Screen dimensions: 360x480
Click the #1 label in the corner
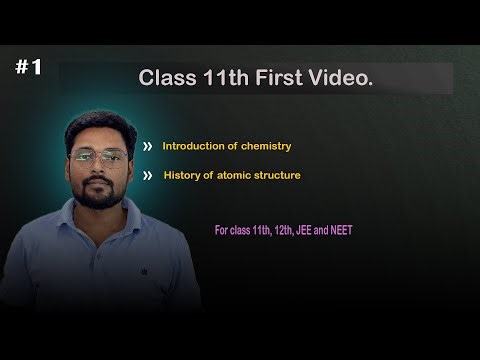coord(28,67)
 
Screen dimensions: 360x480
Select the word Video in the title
coord(345,78)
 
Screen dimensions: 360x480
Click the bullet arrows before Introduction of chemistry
coord(147,146)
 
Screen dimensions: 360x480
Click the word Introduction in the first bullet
coord(193,146)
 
